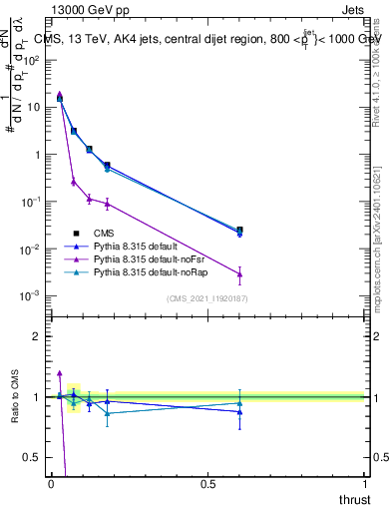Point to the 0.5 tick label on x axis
pos(207,484)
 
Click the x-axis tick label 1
pos(364,484)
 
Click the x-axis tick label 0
pos(51,484)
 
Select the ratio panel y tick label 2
pos(37,336)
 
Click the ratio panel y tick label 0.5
pos(33,457)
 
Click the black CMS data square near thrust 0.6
pos(239,230)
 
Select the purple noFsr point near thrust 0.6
pos(239,274)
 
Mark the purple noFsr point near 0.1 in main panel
pos(89,199)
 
